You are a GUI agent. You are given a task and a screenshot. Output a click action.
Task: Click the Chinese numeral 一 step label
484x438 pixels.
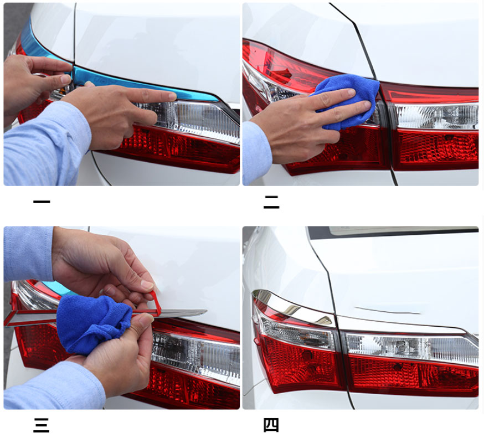pos(42,202)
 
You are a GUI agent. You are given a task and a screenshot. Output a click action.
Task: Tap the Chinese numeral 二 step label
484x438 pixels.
pos(271,202)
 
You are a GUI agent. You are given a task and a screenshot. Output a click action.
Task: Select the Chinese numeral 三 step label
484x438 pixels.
pos(42,425)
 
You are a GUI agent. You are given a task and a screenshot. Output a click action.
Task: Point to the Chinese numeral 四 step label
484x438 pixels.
pos(271,425)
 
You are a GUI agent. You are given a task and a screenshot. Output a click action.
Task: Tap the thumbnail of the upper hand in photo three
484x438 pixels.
pos(147,285)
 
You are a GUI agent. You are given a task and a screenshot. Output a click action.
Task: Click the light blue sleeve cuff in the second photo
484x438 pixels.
pos(256,153)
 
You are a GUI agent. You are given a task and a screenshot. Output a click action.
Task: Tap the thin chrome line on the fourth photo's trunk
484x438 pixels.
pos(388,310)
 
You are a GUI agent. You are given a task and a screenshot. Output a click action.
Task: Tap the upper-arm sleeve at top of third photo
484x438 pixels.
pos(28,253)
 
